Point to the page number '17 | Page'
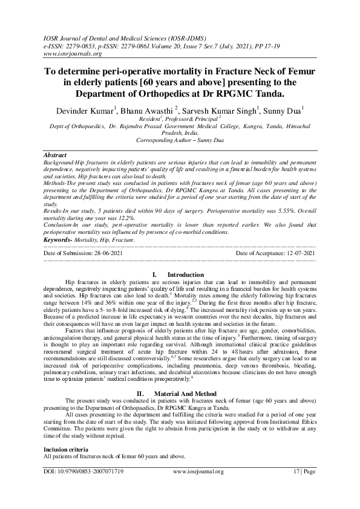[x=303, y=472]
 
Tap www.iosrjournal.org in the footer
[x=198, y=472]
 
